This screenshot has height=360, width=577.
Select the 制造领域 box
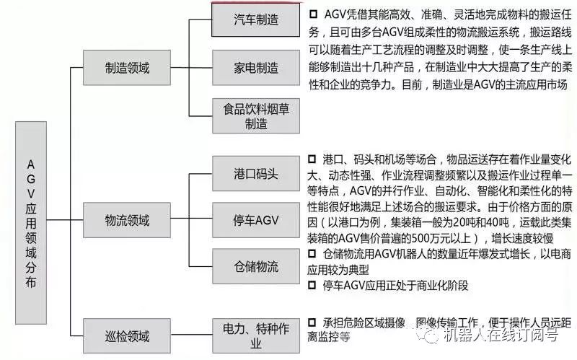(127, 68)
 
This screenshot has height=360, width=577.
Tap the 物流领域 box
(127, 219)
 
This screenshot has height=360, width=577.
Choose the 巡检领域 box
(127, 335)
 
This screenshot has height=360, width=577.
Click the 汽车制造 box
(256, 19)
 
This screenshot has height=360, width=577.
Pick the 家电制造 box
(256, 68)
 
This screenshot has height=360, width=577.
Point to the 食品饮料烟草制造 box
(256, 115)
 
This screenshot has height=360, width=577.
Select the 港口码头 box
(256, 174)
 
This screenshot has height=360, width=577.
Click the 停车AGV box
(256, 219)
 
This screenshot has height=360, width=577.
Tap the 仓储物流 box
(256, 266)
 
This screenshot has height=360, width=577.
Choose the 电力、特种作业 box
(256, 336)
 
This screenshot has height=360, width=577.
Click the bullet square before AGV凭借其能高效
(312, 14)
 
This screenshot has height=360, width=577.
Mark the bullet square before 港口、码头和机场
(312, 158)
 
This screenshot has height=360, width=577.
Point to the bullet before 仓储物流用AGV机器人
(312, 253)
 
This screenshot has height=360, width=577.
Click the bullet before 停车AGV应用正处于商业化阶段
(312, 285)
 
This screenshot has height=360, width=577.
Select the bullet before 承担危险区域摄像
(312, 321)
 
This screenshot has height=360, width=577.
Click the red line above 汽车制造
(256, 2)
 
